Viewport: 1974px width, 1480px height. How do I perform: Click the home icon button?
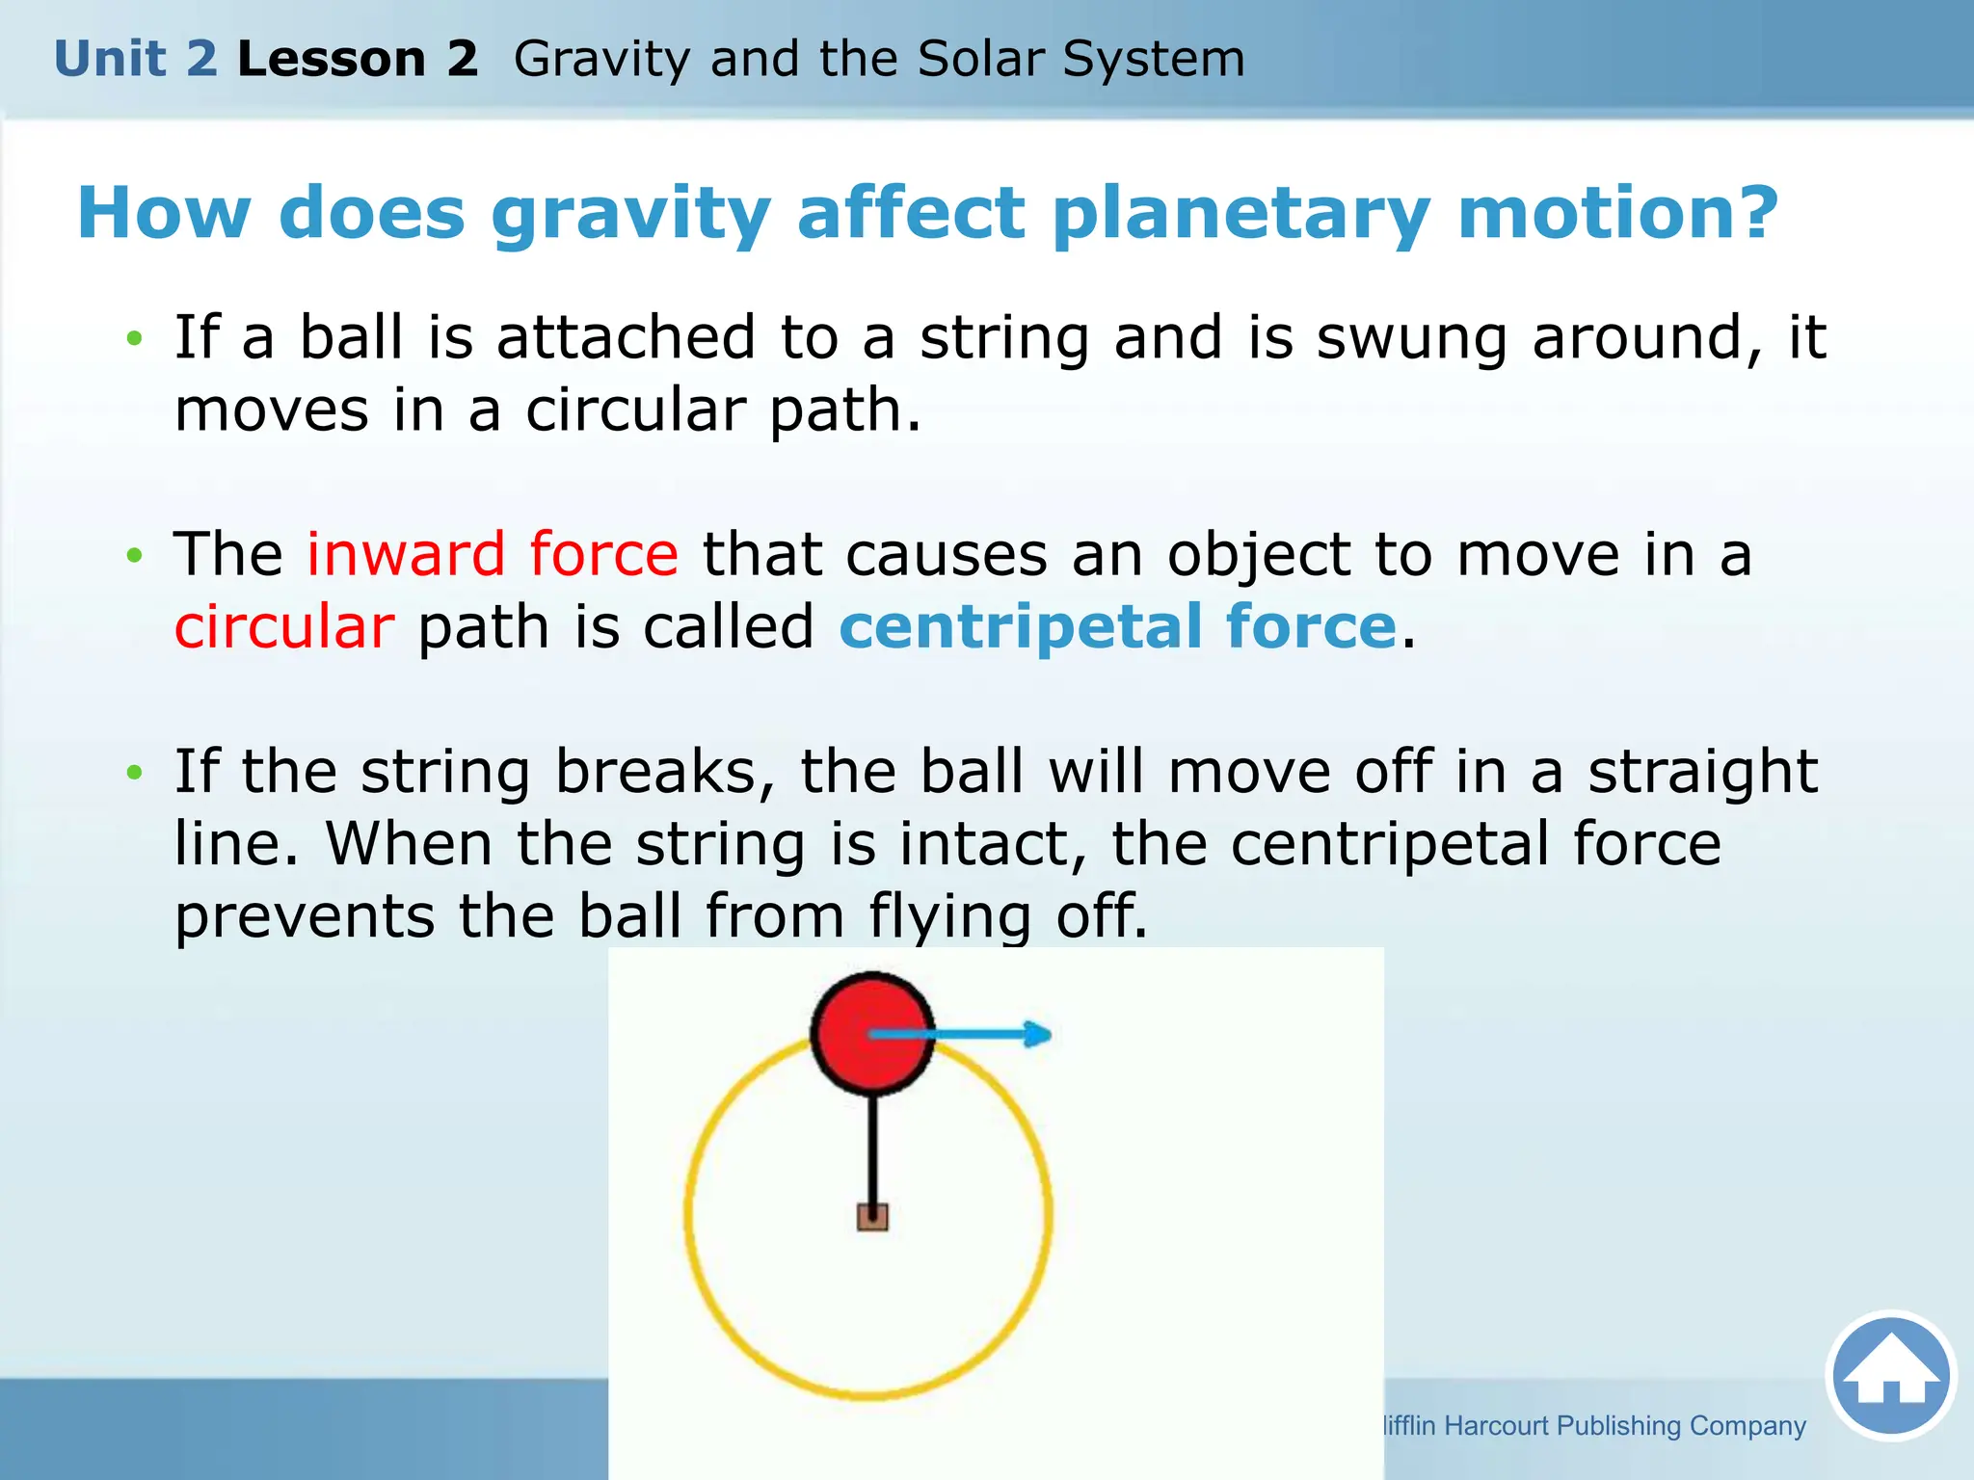click(x=1890, y=1375)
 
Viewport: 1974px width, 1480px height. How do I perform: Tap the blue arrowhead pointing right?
click(x=1037, y=1034)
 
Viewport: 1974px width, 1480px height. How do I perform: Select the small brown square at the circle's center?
click(x=872, y=1217)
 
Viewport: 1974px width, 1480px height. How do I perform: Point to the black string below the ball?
click(x=872, y=1151)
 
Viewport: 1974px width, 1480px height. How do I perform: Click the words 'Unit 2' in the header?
click(x=136, y=59)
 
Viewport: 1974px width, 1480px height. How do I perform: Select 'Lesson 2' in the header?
click(x=358, y=59)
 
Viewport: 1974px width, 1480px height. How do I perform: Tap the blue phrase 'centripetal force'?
click(x=1118, y=627)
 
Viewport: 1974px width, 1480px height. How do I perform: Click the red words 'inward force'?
click(x=493, y=555)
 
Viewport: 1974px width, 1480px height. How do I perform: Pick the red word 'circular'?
click(x=284, y=627)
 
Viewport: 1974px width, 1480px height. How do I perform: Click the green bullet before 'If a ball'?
click(x=135, y=338)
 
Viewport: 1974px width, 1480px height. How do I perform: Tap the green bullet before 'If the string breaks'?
click(x=135, y=772)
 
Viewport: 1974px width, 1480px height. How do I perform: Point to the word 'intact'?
click(x=993, y=844)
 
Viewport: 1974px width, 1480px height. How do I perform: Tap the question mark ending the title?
click(x=1752, y=213)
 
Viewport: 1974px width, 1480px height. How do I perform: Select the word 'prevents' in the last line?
click(x=305, y=916)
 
